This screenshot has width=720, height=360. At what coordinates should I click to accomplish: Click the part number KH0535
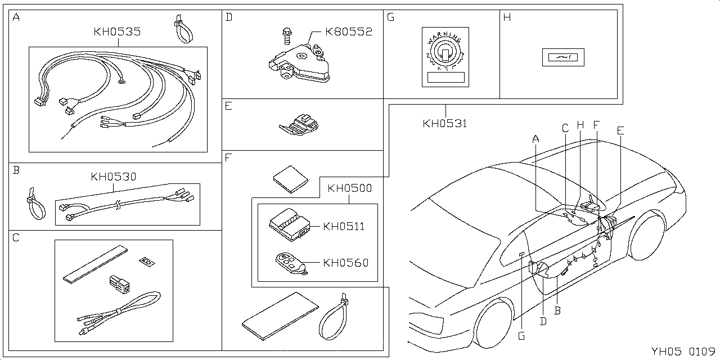tap(117, 32)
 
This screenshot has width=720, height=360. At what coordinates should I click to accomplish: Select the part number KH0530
tap(114, 177)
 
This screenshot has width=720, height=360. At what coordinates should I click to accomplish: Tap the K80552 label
tap(349, 32)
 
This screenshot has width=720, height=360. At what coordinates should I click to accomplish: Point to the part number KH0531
tap(445, 123)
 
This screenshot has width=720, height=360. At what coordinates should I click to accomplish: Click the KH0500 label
tap(349, 188)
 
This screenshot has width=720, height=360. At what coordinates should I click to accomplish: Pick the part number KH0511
tap(344, 227)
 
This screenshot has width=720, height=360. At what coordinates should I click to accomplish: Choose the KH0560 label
tap(345, 263)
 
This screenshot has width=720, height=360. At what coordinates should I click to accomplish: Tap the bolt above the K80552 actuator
tap(286, 35)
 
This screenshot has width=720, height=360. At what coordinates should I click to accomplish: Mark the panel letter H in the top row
tap(507, 17)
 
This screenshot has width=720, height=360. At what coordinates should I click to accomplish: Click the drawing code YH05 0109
tap(682, 352)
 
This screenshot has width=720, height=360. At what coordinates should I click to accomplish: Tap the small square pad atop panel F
tap(291, 179)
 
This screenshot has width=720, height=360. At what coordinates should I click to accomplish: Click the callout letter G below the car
tap(521, 336)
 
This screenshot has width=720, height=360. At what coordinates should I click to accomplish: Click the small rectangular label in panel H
tap(563, 57)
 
